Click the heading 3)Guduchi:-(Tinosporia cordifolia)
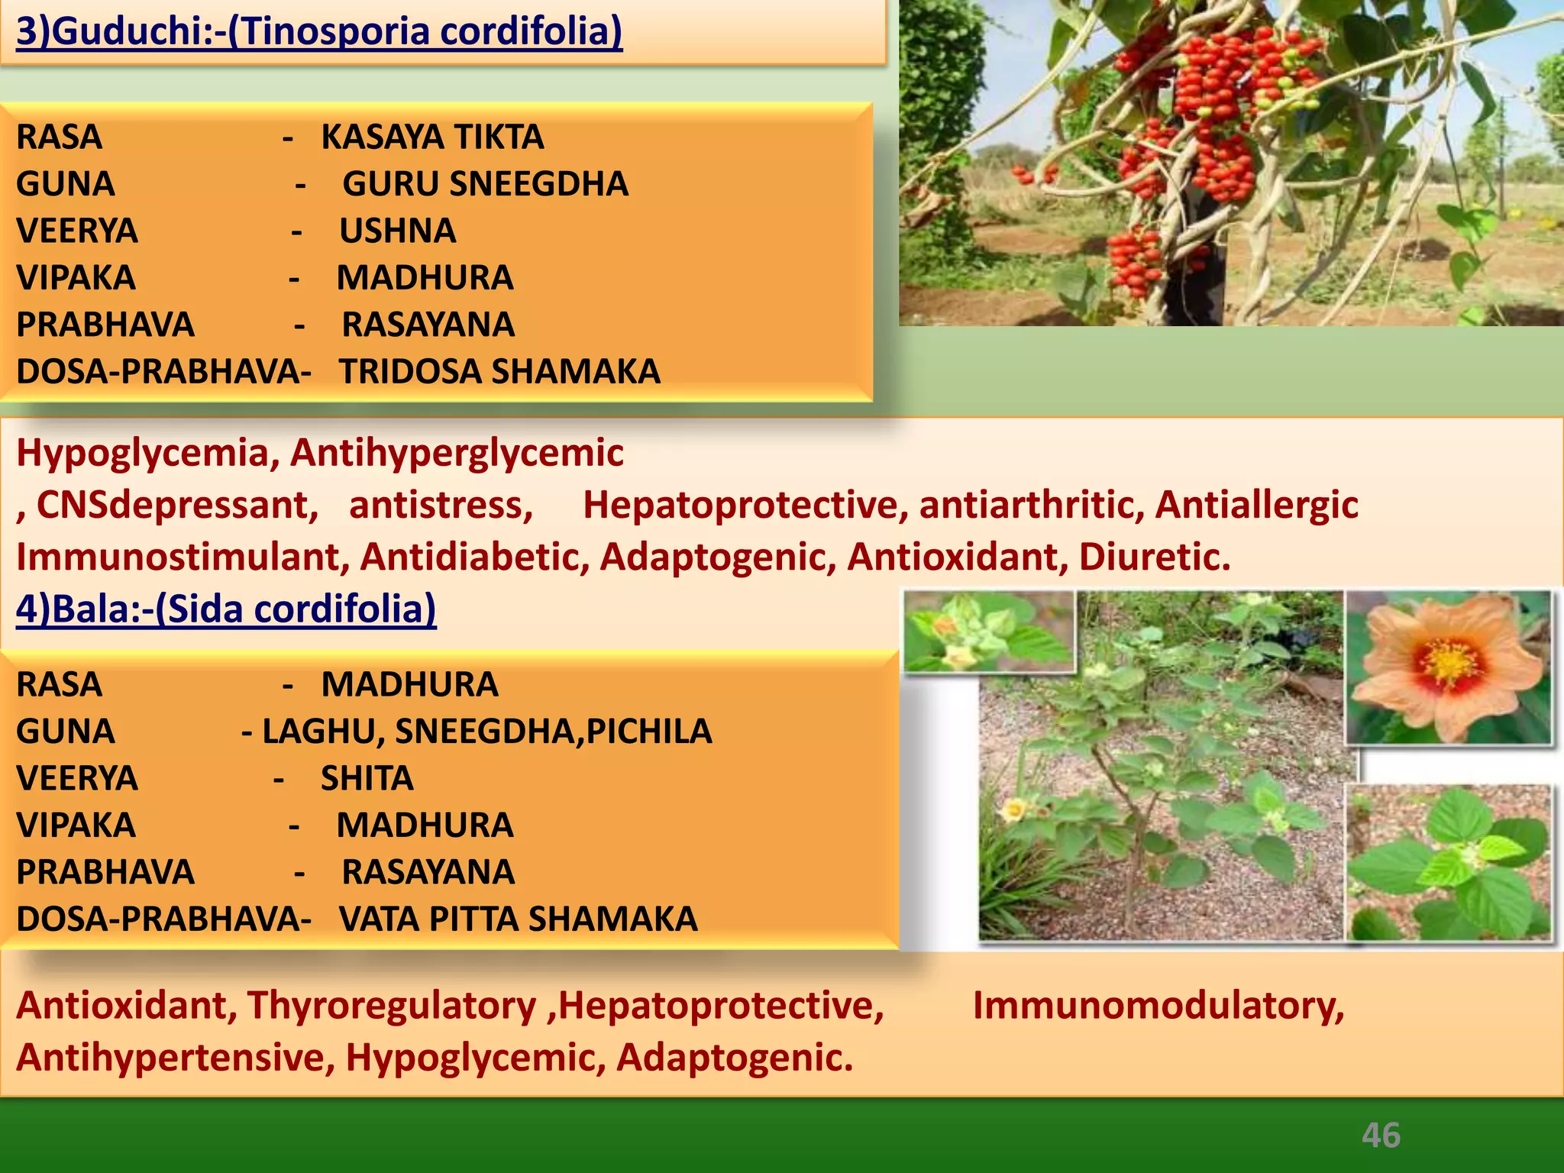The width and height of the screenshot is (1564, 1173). pyautogui.click(x=319, y=32)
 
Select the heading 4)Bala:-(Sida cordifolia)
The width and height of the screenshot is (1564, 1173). pyautogui.click(x=226, y=609)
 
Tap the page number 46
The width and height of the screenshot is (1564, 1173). pyautogui.click(x=1381, y=1136)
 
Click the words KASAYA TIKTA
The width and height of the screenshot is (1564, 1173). pyautogui.click(x=432, y=137)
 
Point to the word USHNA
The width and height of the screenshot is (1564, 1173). pyautogui.click(x=397, y=231)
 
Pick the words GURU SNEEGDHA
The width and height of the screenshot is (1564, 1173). pyautogui.click(x=485, y=184)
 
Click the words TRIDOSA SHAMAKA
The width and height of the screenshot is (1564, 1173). pyautogui.click(x=499, y=372)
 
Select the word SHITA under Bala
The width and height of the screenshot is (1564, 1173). pyautogui.click(x=367, y=779)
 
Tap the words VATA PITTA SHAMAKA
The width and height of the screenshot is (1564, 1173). pyautogui.click(x=518, y=919)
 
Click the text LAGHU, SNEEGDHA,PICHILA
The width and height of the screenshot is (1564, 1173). pyautogui.click(x=486, y=732)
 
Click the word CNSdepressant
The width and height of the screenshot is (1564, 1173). pyautogui.click(x=176, y=506)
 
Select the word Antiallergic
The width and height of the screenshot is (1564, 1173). pyautogui.click(x=1256, y=506)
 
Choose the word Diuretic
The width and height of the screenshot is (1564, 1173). pyautogui.click(x=1154, y=557)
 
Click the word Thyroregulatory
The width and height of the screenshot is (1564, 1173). pyautogui.click(x=392, y=1006)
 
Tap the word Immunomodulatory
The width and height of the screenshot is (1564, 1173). pyautogui.click(x=1158, y=1006)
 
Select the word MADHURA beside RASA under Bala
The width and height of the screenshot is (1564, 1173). pyautogui.click(x=409, y=685)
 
